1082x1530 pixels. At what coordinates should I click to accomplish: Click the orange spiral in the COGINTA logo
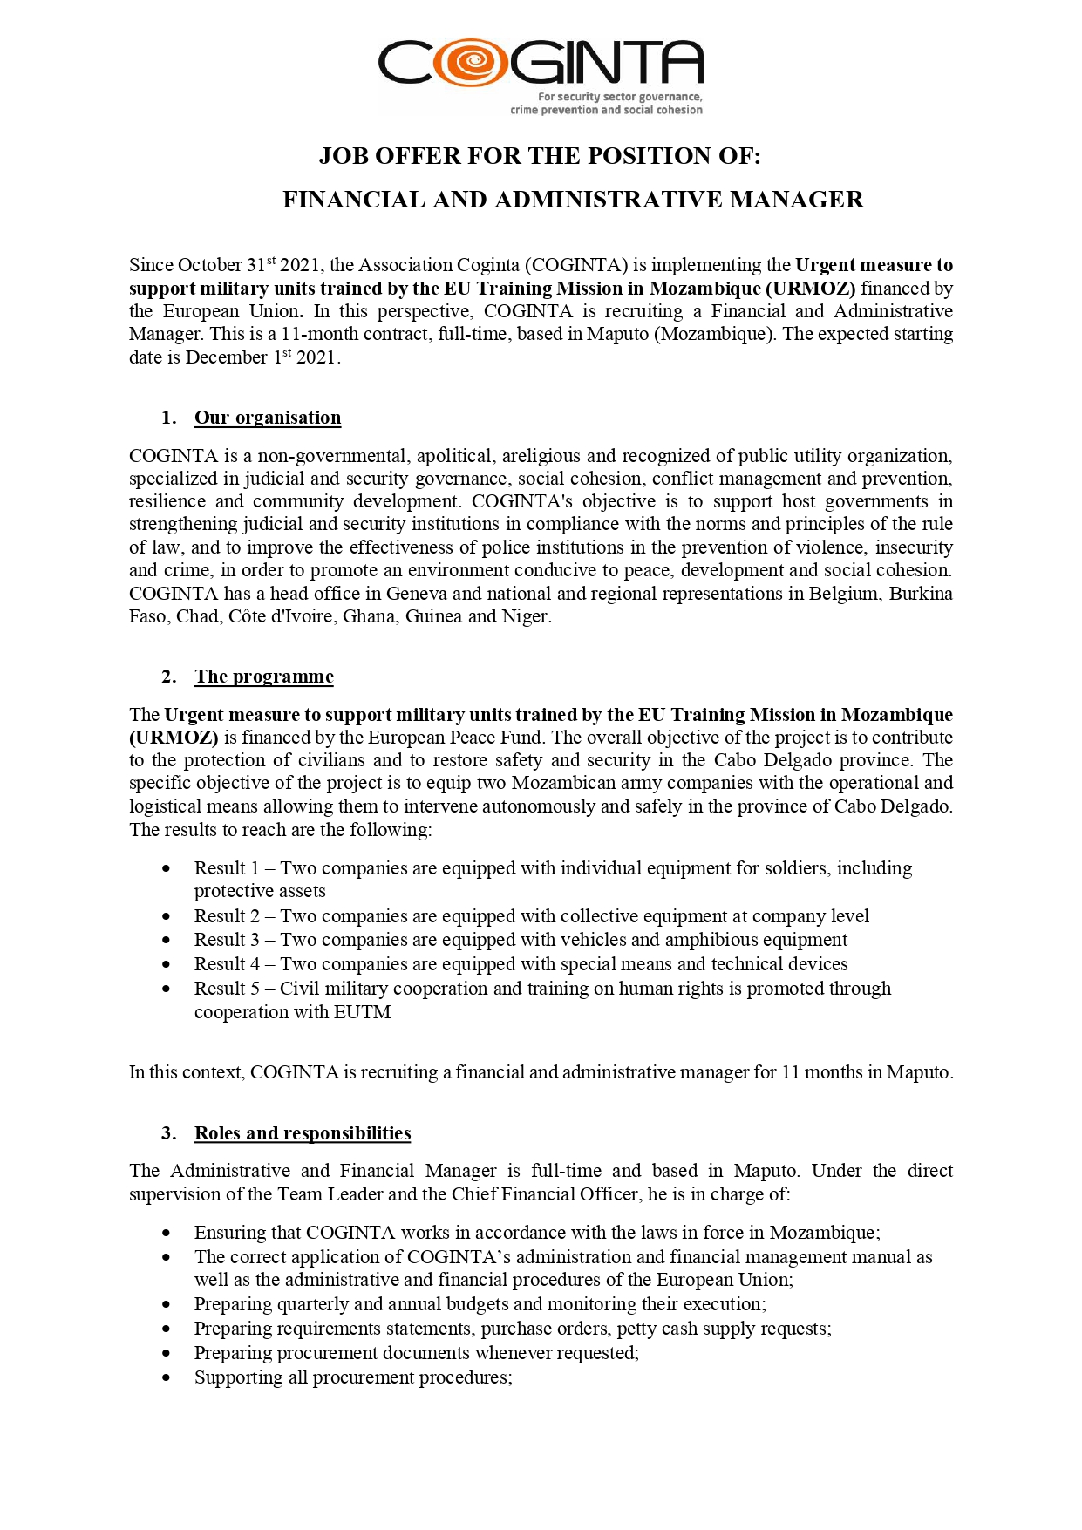[x=471, y=63]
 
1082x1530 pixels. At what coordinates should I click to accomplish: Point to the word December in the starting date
[x=226, y=357]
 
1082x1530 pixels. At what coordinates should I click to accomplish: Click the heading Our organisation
[x=268, y=418]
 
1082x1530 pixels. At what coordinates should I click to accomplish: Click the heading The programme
[x=264, y=677]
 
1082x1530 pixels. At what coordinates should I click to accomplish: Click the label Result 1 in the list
[x=227, y=868]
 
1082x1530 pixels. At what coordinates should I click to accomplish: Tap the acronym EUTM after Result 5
[x=364, y=1012]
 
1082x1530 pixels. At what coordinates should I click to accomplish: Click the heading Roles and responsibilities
[x=303, y=1133]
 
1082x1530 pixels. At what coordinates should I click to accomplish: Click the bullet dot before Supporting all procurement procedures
[x=167, y=1378]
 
